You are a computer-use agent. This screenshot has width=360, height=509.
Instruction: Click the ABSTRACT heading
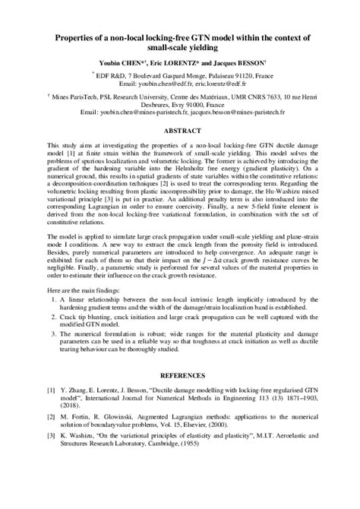click(x=179, y=130)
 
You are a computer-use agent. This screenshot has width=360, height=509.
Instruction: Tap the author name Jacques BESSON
click(x=242, y=64)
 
